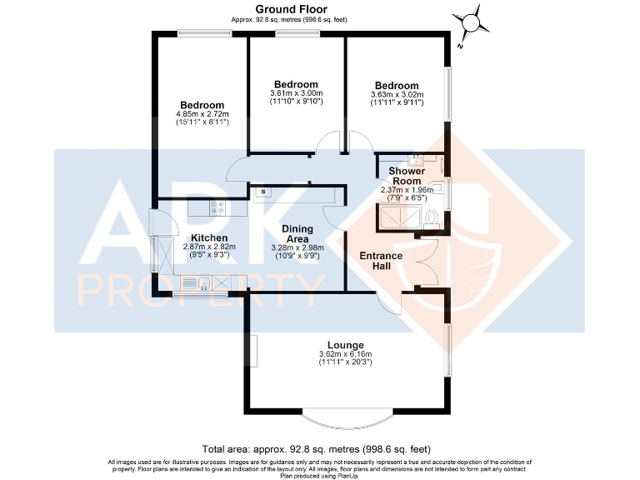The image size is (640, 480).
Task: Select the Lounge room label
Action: [344, 344]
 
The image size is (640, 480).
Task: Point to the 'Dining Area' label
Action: [297, 234]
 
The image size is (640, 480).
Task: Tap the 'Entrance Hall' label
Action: [380, 261]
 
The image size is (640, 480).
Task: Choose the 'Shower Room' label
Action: [407, 176]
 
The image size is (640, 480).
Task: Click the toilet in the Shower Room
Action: [431, 218]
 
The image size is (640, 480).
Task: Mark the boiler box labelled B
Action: [263, 193]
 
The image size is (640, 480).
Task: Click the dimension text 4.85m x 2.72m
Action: [202, 114]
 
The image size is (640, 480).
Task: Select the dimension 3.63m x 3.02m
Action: [397, 95]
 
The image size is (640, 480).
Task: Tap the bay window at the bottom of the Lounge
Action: [343, 417]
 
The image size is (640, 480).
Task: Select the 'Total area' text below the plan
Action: [316, 448]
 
